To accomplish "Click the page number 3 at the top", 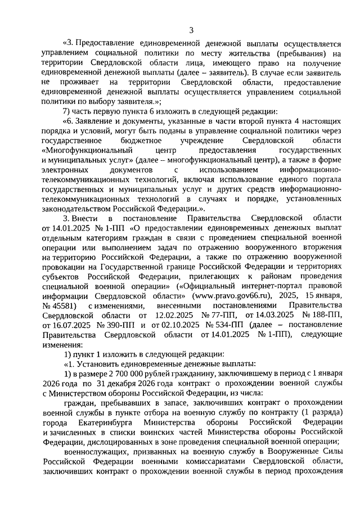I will [191, 30].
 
